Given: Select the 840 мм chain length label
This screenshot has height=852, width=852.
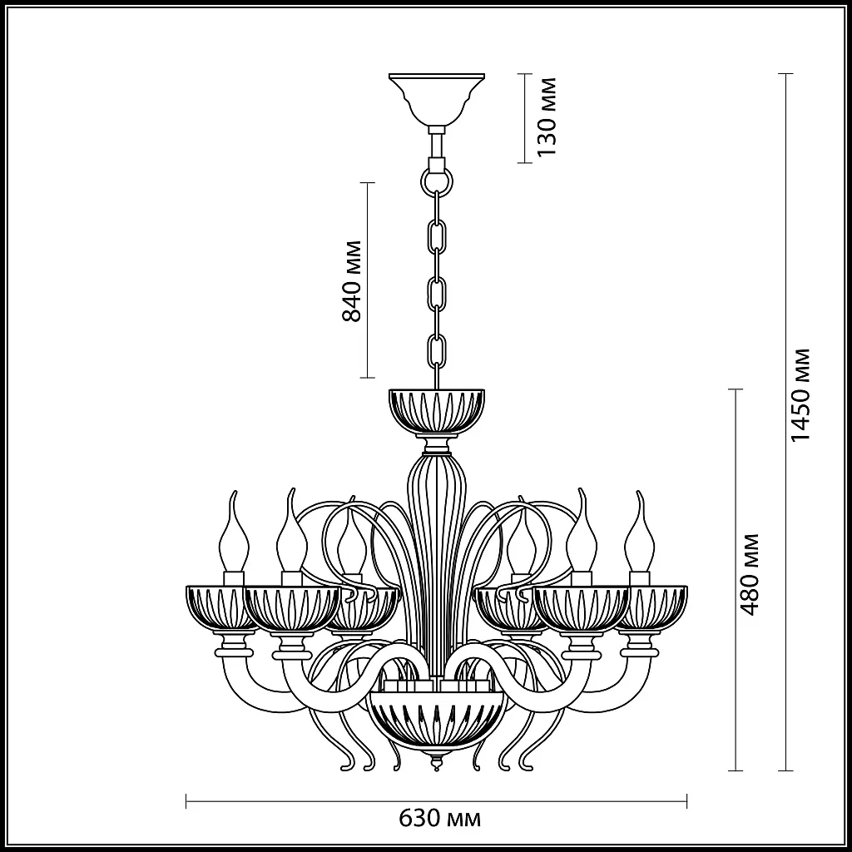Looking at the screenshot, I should point(352,280).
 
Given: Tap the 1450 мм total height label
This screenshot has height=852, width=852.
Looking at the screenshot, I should point(800,394).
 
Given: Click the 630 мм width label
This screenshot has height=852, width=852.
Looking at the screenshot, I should point(439,819).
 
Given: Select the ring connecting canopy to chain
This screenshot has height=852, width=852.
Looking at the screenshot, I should point(437,180).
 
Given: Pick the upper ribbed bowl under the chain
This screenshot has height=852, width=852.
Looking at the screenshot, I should point(437,410).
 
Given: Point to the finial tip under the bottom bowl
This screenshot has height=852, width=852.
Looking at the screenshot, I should point(437,764).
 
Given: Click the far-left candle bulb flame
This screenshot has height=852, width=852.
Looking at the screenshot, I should point(233,532).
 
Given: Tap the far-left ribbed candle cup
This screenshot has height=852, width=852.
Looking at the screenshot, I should point(218,606).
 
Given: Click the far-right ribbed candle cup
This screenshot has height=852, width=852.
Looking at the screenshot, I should point(657,606).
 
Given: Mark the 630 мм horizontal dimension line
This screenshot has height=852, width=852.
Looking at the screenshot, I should point(333,802).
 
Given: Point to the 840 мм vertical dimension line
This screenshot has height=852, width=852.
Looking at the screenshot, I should point(367,208).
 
